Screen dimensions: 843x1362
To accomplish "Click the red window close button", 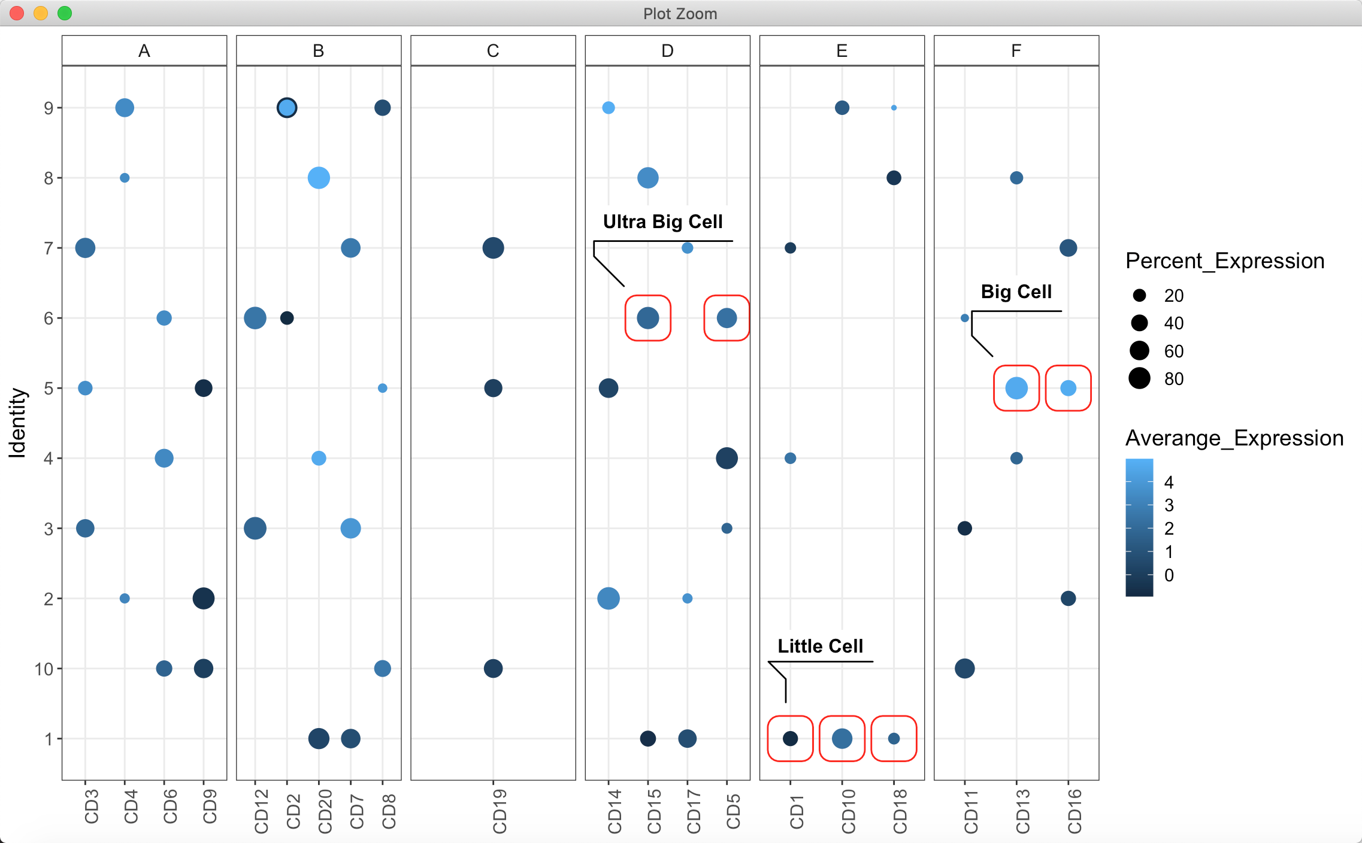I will tap(17, 13).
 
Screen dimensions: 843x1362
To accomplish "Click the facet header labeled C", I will tap(493, 51).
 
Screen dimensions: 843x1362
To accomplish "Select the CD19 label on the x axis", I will tap(500, 811).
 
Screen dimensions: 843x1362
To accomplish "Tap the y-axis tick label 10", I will tap(44, 669).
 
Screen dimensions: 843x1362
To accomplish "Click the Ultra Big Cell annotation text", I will tap(662, 222).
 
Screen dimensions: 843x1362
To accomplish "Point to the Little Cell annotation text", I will tap(820, 646).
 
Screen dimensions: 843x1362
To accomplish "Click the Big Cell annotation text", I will tap(1016, 292).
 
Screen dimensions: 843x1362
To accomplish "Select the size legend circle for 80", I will tap(1139, 378).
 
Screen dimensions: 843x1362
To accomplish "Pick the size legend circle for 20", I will tap(1139, 295).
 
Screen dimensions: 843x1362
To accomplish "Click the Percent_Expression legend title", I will tap(1224, 261).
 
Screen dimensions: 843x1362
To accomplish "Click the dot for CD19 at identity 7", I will tap(493, 248).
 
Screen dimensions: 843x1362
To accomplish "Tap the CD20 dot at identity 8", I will tap(319, 178).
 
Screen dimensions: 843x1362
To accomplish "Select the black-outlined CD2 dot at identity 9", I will tap(287, 108).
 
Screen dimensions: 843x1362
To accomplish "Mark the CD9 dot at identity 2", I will tap(204, 598).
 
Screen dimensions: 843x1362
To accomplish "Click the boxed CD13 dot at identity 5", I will tap(1016, 388).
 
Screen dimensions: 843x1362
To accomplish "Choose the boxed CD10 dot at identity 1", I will tap(842, 738).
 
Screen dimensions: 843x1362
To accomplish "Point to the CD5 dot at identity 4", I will tap(727, 458).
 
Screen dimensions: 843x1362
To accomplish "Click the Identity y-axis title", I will tap(17, 423).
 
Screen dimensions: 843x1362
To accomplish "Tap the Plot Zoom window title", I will tap(680, 13).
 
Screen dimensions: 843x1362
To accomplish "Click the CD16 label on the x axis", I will tap(1075, 811).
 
